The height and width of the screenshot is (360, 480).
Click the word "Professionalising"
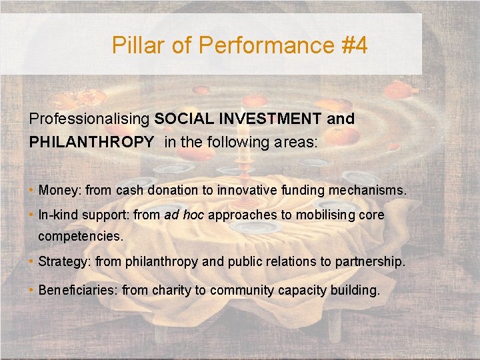pos(89,119)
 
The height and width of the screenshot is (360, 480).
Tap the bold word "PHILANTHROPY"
pos(91,142)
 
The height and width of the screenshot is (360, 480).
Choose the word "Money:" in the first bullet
pos(60,191)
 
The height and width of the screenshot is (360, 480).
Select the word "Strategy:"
pos(65,261)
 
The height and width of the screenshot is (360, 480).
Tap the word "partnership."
pos(372,261)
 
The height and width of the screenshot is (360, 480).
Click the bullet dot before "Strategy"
pos(32,261)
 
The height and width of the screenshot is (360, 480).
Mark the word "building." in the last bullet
pos(356,290)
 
